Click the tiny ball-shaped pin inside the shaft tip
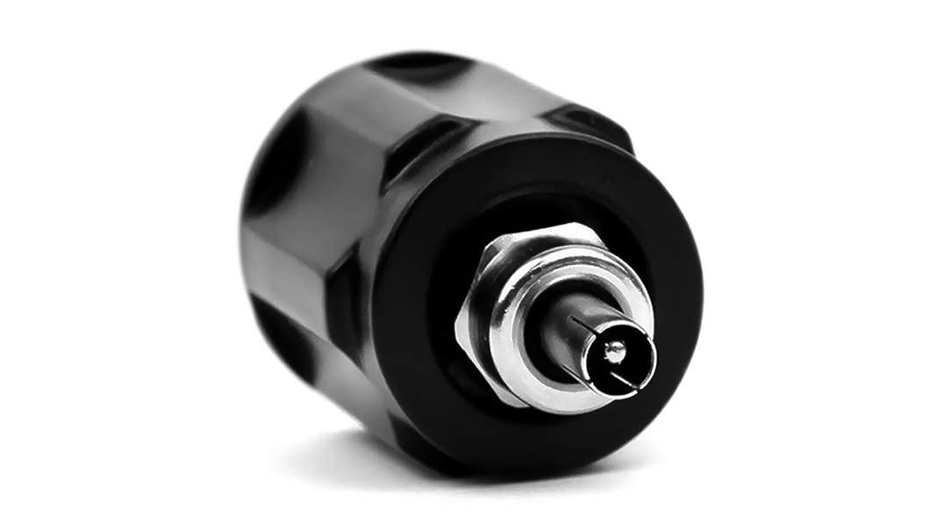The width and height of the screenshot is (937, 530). click(615, 352)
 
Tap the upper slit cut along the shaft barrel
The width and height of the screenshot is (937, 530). click(584, 324)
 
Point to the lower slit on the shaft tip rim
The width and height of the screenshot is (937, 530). click(620, 378)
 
